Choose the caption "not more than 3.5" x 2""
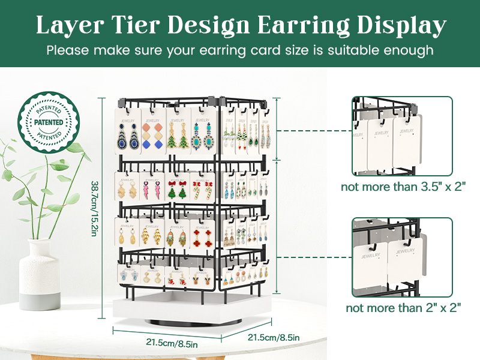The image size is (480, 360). [x=403, y=187]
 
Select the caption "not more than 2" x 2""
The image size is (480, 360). [x=403, y=308]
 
